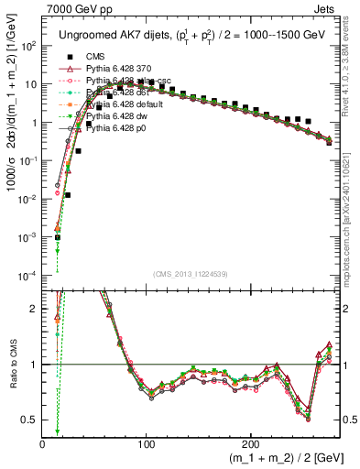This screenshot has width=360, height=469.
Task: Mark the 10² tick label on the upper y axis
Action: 27,46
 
